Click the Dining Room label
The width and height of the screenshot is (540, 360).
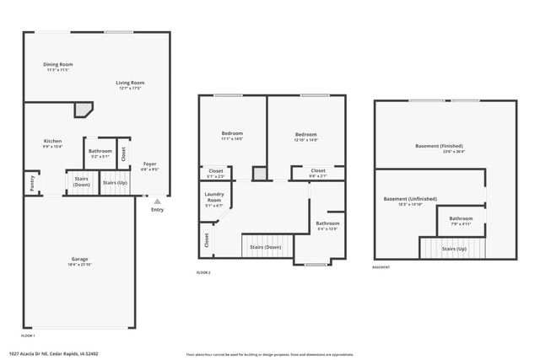(57, 64)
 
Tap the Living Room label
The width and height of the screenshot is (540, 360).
(131, 82)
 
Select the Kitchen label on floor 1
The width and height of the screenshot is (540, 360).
(52, 141)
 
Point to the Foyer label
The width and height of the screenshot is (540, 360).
(149, 164)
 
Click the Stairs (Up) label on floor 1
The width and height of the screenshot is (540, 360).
(115, 182)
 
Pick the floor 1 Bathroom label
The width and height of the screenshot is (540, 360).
(100, 152)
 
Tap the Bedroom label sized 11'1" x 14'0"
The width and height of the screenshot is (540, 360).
(232, 134)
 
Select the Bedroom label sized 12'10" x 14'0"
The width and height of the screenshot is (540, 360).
(305, 135)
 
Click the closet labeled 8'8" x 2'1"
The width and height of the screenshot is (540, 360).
(317, 170)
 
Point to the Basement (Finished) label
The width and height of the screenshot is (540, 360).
(439, 146)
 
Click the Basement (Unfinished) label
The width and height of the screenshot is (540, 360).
(410, 199)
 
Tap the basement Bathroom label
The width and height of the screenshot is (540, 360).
(461, 218)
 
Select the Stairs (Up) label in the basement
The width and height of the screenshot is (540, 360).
(456, 250)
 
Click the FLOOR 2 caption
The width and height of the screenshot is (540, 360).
(203, 272)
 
